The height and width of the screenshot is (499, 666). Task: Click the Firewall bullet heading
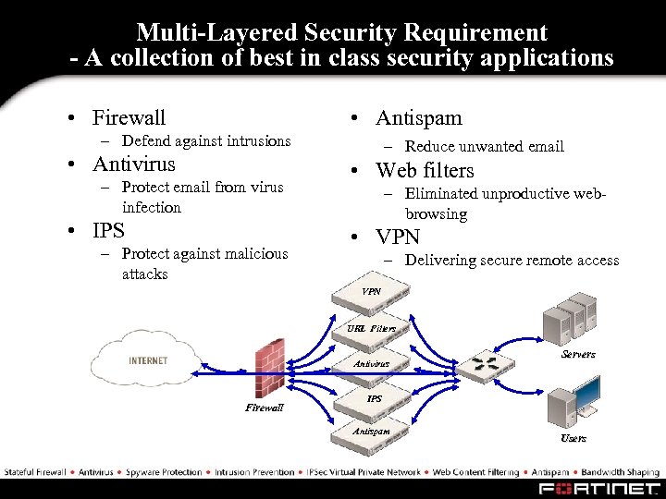pos(129,117)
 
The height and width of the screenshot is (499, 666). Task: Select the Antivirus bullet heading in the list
pos(133,164)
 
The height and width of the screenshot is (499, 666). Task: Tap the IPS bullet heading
pos(108,230)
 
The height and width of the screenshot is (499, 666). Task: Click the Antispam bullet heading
pos(418,117)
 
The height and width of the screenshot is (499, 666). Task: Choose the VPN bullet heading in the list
pos(398,237)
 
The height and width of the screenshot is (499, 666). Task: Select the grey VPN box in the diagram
pos(371,294)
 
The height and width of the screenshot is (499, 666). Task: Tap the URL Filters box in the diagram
pos(371,329)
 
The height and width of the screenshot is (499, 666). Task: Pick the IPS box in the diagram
pos(374,399)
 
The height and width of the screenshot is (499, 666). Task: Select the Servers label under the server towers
pos(578,354)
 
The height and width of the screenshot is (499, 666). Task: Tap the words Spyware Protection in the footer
pos(164,472)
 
